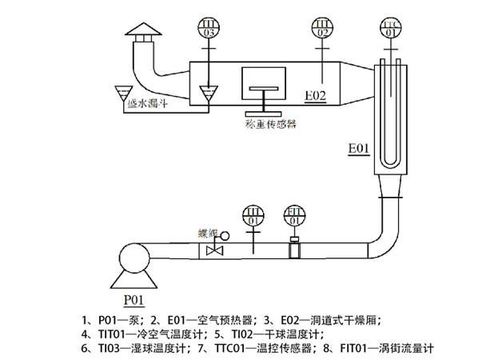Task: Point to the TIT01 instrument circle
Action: click(252, 215)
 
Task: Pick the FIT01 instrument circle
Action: click(293, 215)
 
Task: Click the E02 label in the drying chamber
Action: click(316, 96)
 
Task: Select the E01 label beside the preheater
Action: click(359, 149)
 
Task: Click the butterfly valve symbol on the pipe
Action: click(213, 250)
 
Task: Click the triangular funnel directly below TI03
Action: click(207, 94)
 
